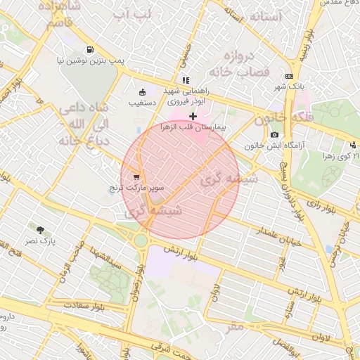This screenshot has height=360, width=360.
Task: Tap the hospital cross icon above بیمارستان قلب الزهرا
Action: (x=193, y=115)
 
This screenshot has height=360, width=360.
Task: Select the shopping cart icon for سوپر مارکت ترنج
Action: (x=136, y=177)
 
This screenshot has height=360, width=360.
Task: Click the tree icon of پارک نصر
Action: (x=40, y=229)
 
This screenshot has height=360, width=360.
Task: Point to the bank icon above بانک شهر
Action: (x=289, y=76)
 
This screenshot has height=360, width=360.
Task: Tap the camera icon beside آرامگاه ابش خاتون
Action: (x=274, y=134)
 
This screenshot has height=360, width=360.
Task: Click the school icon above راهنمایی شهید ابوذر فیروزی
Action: (x=185, y=80)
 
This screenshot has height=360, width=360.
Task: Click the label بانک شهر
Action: (x=290, y=87)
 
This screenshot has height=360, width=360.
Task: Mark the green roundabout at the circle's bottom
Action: (x=141, y=240)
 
